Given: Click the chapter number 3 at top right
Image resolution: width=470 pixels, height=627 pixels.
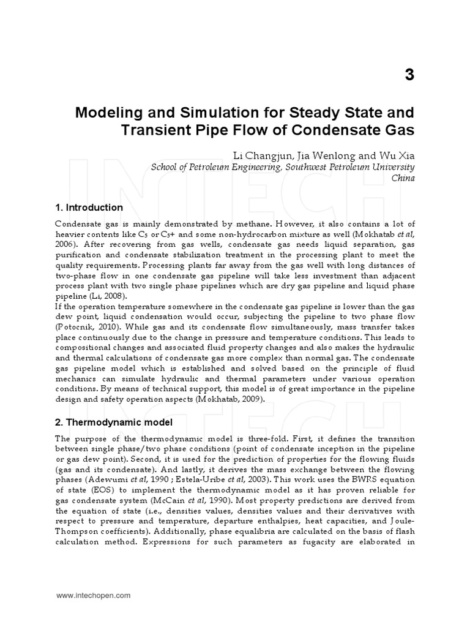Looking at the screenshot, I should click(409, 75).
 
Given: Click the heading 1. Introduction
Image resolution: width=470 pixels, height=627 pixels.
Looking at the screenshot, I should click(89, 208).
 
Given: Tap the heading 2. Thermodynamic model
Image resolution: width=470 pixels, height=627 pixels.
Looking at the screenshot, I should click(114, 422).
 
